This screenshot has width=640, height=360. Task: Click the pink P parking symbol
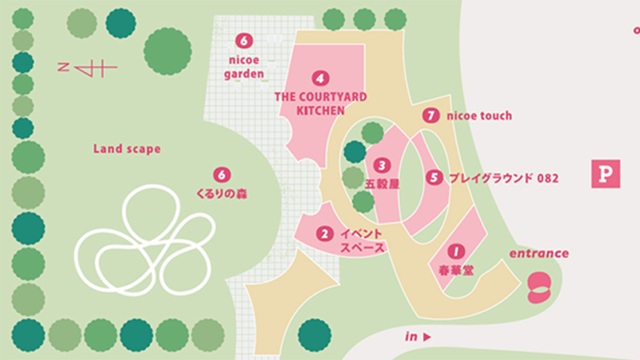(x=604, y=174)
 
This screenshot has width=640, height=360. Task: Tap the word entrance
(x=539, y=253)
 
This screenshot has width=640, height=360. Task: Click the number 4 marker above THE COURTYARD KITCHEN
(x=320, y=77)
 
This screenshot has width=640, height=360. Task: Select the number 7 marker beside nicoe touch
(x=431, y=116)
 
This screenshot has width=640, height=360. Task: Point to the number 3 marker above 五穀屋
(x=381, y=165)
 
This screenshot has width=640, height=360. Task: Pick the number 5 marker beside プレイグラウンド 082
(x=433, y=178)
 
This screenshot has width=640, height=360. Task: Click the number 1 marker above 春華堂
(x=455, y=252)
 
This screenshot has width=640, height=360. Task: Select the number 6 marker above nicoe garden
(x=243, y=41)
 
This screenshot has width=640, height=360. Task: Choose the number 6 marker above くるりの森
(x=222, y=174)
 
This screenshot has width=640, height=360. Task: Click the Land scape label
(x=127, y=150)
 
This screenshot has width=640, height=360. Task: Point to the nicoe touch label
(x=480, y=116)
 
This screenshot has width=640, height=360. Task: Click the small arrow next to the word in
(x=427, y=337)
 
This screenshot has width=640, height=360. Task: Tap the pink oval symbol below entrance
(x=539, y=285)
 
